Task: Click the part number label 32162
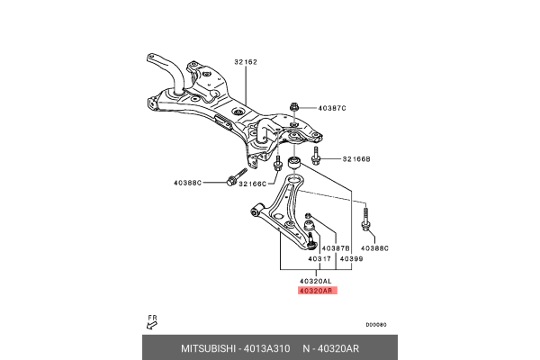coord(246,62)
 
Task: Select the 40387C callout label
coord(331,108)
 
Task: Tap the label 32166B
coord(355,159)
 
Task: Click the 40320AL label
coord(317,281)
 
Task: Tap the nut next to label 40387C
coord(294,108)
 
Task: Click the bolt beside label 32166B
coord(316,159)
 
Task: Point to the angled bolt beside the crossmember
coord(238,176)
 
